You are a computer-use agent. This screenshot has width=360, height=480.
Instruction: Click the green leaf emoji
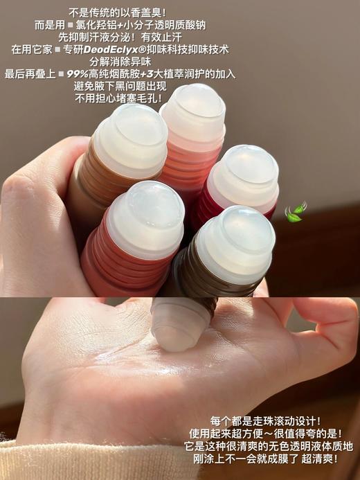pos(295,211)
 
